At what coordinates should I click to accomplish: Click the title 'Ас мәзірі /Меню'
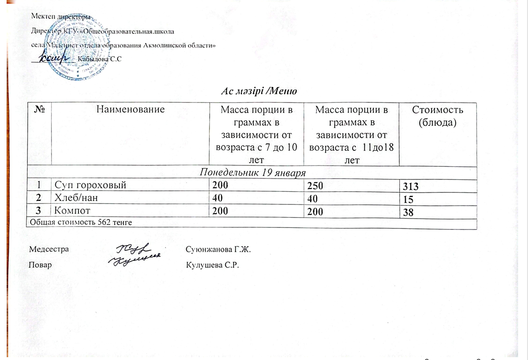[x=260, y=91]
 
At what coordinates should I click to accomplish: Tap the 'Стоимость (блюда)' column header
[x=438, y=115]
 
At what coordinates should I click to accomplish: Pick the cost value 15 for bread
[x=405, y=199]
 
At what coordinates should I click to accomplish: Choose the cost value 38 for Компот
[x=405, y=212]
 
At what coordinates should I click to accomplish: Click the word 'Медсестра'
[x=49, y=249]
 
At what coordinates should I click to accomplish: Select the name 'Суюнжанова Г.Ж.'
[x=219, y=249]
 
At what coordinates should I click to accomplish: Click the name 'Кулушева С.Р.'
[x=213, y=265]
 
